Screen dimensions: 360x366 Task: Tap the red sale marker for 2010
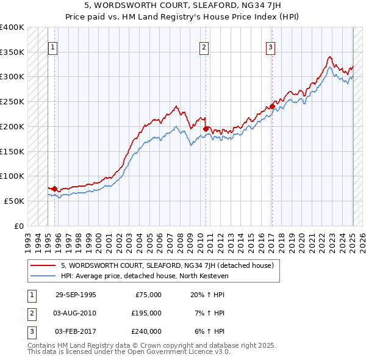click(206, 129)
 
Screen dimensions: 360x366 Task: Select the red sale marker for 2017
click(273, 106)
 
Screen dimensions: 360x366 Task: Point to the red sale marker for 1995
click(55, 189)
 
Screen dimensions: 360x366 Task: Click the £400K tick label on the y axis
click(12, 27)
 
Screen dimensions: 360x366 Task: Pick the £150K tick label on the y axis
click(12, 151)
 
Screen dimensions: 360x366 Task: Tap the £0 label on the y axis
click(18, 225)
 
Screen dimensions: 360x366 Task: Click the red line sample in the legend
click(43, 265)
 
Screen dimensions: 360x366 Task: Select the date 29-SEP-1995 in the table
click(76, 295)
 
